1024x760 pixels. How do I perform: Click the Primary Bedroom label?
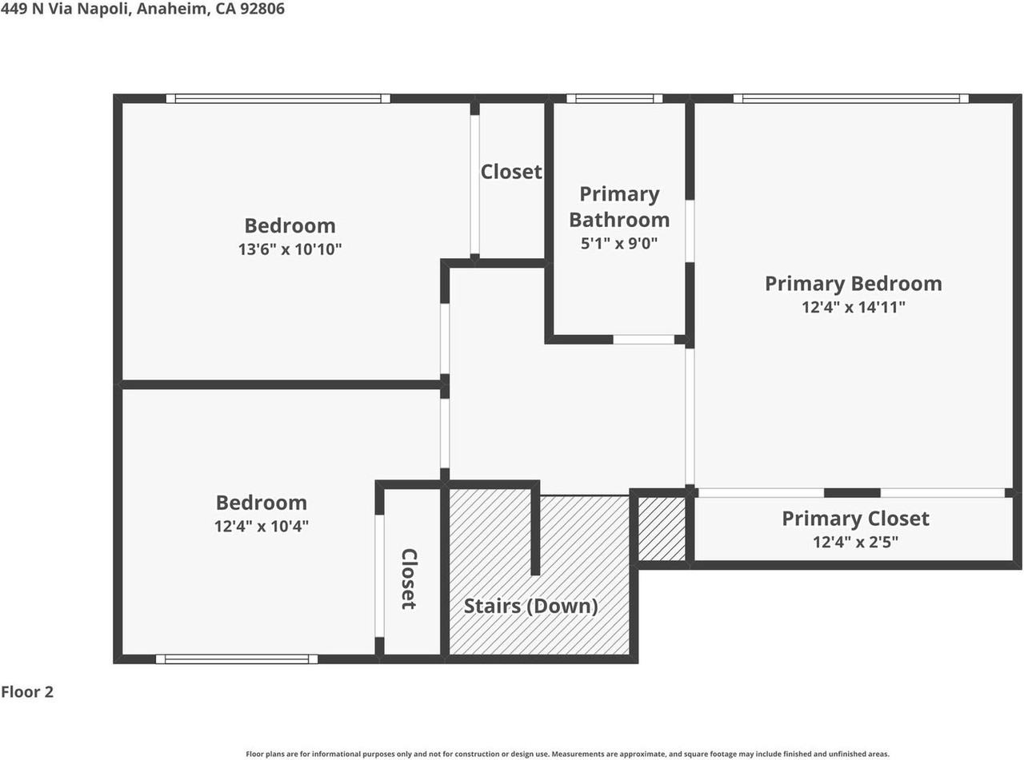coord(853,284)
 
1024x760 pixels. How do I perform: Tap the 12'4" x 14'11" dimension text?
coord(853,307)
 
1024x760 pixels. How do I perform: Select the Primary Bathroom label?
coord(619,207)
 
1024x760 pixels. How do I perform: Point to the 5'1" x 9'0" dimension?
coord(619,243)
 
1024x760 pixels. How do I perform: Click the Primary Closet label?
coord(855,519)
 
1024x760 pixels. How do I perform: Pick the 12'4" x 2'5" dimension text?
coord(855,542)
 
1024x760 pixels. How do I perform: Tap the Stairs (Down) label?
coord(530,606)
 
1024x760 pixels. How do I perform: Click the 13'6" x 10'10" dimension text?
coord(290,249)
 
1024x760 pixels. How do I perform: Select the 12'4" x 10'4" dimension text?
coord(262,526)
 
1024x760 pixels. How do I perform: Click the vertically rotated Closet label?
coord(409,579)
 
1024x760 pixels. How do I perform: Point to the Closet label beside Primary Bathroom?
coord(511,172)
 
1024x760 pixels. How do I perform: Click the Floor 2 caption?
coord(27,692)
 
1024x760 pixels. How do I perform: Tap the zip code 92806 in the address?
coord(262,8)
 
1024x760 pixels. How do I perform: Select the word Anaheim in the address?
coord(172,9)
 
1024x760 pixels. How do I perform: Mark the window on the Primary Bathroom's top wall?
coord(614,98)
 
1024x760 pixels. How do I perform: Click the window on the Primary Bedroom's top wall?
coord(851,98)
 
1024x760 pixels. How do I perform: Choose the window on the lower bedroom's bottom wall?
coord(237,659)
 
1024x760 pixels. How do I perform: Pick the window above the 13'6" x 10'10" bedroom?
coord(278,98)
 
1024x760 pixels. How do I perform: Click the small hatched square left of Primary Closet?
coord(662,529)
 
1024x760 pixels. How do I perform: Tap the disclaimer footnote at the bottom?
coord(567,754)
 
